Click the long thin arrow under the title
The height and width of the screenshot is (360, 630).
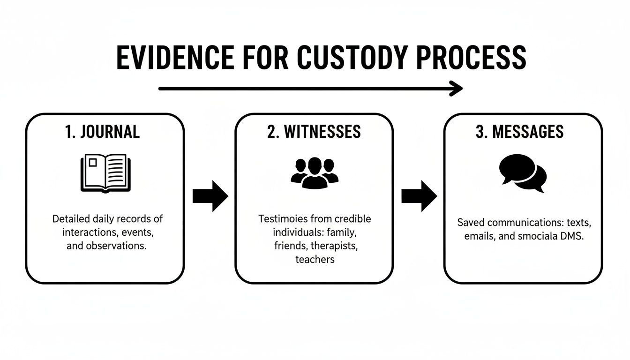coord(305,88)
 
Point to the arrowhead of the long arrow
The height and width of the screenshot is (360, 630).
coord(457,88)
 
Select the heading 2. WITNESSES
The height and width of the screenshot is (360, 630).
coord(314,132)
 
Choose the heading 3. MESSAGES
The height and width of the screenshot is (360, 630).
coord(520,132)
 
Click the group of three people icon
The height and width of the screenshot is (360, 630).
coord(315,172)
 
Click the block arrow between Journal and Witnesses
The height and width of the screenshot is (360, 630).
coord(210,196)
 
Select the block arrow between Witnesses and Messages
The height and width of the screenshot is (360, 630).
coord(419,196)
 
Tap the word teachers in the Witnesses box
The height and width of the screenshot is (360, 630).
coord(315,259)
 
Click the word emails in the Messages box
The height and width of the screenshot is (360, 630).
coord(480,236)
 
